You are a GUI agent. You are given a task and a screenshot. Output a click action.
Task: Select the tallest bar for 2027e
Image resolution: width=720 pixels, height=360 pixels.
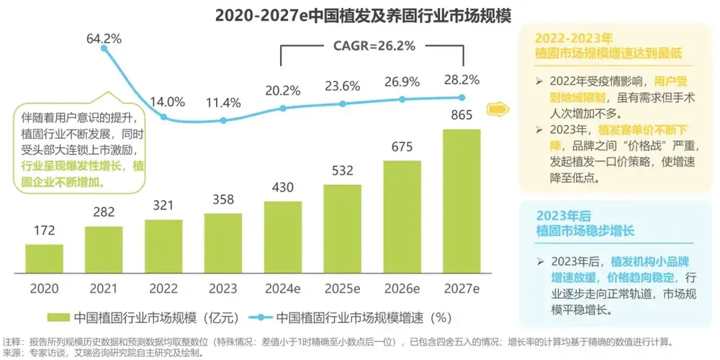462,202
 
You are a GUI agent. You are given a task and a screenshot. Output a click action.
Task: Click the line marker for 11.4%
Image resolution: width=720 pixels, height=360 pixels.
223,120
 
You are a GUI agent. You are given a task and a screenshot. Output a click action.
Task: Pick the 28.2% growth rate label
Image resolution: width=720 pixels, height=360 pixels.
462,77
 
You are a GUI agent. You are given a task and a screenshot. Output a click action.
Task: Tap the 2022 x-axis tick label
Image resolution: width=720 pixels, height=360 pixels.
163,288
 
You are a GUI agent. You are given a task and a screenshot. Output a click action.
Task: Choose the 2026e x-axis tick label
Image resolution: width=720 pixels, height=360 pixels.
402,288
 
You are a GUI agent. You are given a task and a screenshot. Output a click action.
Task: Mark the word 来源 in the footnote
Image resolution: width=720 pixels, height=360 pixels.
12,353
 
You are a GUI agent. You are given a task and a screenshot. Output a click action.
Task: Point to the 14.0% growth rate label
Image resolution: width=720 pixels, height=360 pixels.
166,102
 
